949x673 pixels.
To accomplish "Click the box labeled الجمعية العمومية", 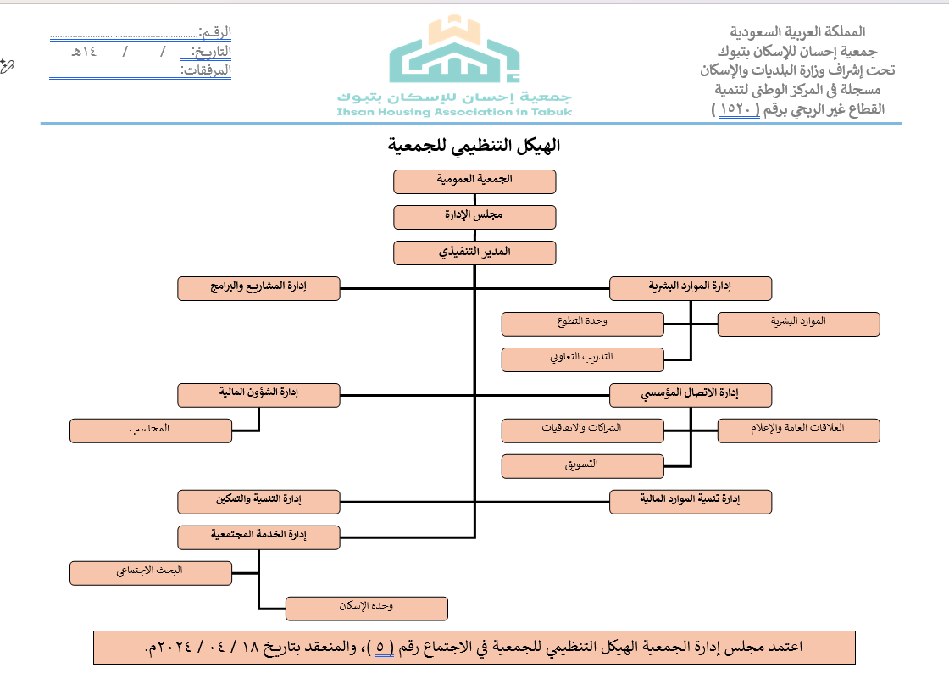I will (x=474, y=181).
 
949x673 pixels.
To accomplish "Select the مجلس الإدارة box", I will (x=474, y=217).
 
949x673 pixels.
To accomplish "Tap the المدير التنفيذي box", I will (x=474, y=253).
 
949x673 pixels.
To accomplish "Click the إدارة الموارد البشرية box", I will (x=691, y=288).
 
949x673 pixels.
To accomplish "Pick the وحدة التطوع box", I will (x=582, y=324).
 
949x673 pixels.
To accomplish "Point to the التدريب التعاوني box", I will (x=582, y=359).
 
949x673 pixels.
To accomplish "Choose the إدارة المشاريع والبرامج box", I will (x=258, y=288).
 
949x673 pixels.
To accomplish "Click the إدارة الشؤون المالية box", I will (x=258, y=395).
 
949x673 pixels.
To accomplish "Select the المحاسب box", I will (x=150, y=431).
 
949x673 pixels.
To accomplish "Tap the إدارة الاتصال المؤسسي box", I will (x=691, y=395).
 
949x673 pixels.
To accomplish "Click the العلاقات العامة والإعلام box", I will (x=798, y=431).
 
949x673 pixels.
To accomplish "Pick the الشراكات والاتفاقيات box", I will (x=582, y=431).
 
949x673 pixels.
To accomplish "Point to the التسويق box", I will (x=582, y=466).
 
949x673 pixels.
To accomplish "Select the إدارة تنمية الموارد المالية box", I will (x=691, y=502).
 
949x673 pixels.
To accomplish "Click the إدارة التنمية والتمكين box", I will (x=258, y=502).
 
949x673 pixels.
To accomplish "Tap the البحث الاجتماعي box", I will (x=150, y=573).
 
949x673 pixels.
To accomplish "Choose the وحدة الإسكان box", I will (x=366, y=609).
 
